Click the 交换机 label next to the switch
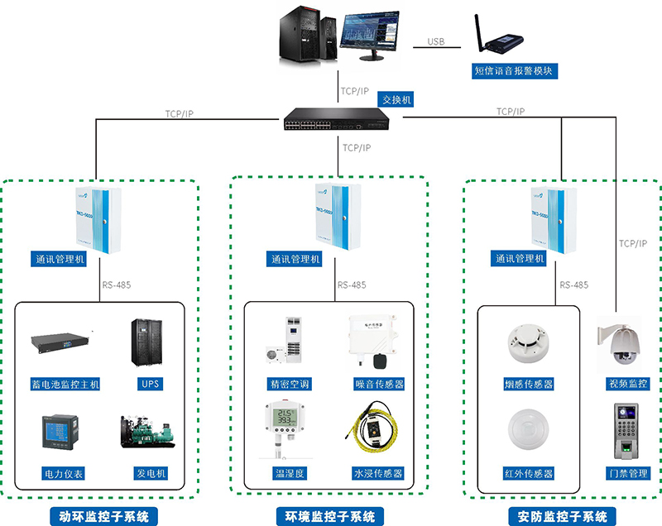(x=396, y=99)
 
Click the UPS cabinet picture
(x=149, y=343)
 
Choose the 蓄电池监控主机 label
(x=65, y=384)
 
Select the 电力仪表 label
(x=64, y=474)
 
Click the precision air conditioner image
(x=286, y=340)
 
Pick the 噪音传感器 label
(x=372, y=384)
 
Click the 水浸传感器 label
(x=372, y=474)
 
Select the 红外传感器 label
(x=528, y=474)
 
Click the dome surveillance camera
(x=621, y=343)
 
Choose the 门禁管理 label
(x=627, y=474)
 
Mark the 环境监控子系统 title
(x=330, y=517)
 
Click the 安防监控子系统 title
(x=562, y=517)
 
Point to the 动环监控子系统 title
(x=103, y=517)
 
